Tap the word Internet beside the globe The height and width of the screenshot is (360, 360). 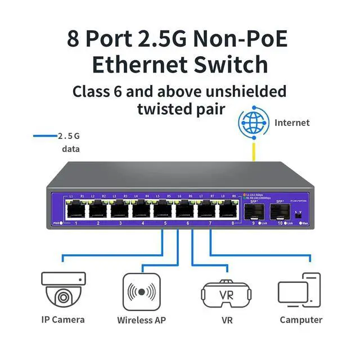(292, 123)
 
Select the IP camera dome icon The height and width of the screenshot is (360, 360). (63, 290)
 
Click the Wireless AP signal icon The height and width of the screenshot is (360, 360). (142, 291)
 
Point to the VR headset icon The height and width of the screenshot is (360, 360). (226, 292)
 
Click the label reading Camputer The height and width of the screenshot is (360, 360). (301, 320)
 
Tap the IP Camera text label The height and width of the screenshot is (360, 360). (63, 319)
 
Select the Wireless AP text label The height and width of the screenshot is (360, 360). (142, 320)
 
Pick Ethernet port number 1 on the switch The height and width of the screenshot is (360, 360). (75, 210)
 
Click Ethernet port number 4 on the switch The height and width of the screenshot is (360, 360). (142, 210)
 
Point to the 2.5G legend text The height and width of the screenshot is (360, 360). (69, 136)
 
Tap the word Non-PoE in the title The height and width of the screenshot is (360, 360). (241, 39)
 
